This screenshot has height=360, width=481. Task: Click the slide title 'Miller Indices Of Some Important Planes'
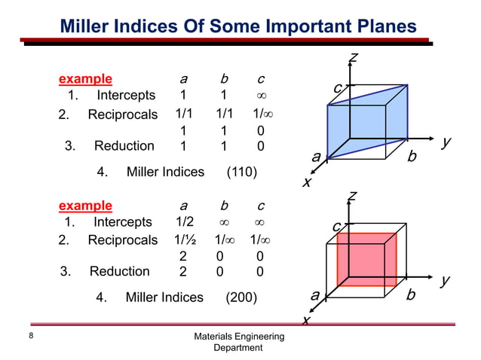[x=237, y=26]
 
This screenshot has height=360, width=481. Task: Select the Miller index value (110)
[x=242, y=172]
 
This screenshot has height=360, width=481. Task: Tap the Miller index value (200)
[x=241, y=297]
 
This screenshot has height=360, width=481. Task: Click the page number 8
[x=31, y=336]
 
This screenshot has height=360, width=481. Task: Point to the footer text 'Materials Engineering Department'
[x=238, y=341]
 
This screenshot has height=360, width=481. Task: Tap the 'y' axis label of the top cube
[x=446, y=142]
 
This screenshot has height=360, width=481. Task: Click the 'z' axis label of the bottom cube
[x=351, y=197]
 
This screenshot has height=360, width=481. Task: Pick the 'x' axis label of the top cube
[x=306, y=182]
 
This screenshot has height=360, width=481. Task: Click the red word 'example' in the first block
[x=86, y=78]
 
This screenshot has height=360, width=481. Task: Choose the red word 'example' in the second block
[x=85, y=205]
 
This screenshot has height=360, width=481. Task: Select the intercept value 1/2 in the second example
[x=183, y=222]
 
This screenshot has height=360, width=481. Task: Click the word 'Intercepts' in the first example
[x=126, y=96]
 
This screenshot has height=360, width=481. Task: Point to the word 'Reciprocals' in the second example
[x=122, y=241]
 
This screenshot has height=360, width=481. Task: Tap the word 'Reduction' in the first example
[x=124, y=146]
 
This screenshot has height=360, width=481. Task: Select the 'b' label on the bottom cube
[x=411, y=294]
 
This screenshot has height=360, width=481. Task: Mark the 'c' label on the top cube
[x=338, y=90]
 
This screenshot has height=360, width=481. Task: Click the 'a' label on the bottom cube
[x=314, y=294]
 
